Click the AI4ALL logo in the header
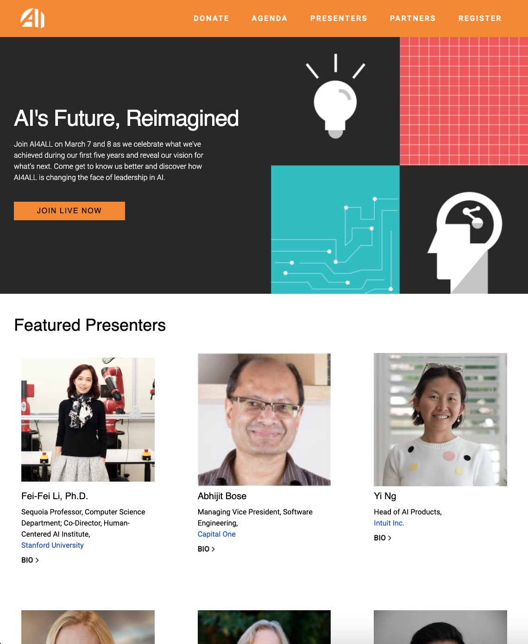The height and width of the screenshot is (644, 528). point(32,19)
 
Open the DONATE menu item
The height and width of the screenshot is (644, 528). point(211,19)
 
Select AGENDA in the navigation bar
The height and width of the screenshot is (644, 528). point(270,19)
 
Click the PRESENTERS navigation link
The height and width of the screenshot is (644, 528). point(339,19)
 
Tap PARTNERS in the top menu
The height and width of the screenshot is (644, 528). point(413,19)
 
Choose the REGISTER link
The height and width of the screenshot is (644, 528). point(480,19)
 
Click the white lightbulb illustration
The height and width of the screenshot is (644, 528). point(335,104)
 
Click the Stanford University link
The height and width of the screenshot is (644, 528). point(52,545)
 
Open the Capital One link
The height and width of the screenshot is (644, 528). point(216,534)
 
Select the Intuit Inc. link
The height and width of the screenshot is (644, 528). point(389,523)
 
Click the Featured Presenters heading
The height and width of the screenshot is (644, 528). point(90,325)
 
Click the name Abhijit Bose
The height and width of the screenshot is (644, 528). point(222,496)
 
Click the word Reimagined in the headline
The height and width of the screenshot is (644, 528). point(182,118)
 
